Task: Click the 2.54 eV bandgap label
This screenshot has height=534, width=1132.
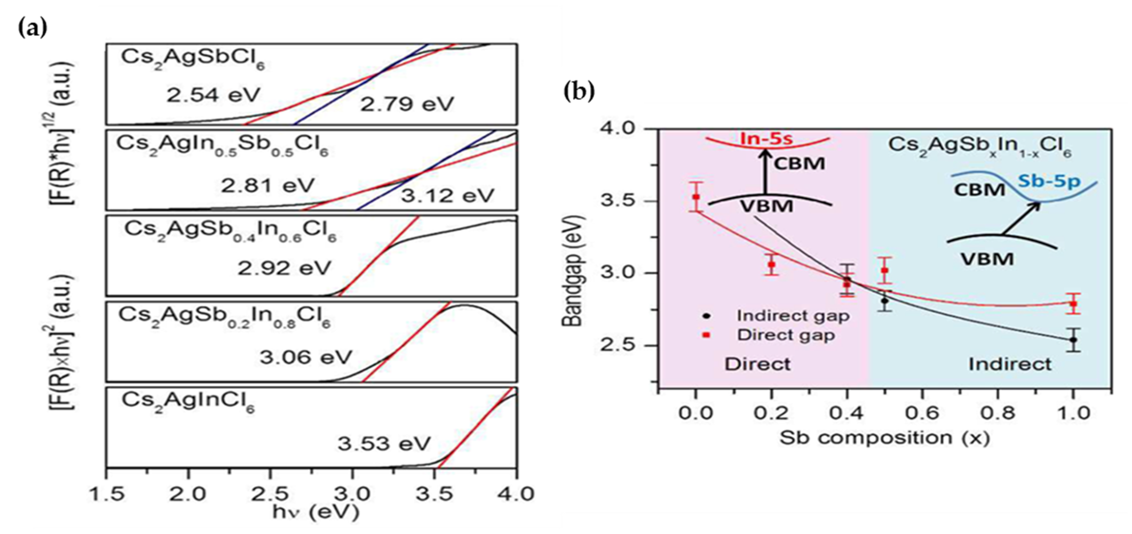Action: tap(213, 95)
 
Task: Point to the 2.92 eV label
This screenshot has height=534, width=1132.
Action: tap(284, 268)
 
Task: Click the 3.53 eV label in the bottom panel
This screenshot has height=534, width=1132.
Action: tap(384, 444)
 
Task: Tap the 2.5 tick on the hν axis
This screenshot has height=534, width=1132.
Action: tap(270, 495)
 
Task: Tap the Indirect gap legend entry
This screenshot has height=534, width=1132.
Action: tap(793, 316)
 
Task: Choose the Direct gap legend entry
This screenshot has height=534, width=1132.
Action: tap(786, 335)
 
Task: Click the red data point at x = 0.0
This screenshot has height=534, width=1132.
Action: tap(696, 197)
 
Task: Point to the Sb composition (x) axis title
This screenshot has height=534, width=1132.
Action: tap(884, 438)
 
